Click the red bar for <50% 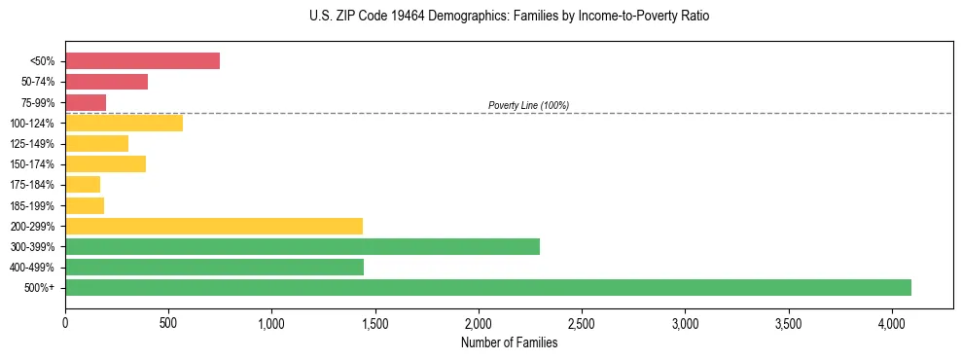(142, 61)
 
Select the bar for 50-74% (106, 82)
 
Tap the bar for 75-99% (86, 102)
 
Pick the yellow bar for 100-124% (124, 123)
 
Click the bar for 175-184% (83, 185)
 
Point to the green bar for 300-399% (303, 246)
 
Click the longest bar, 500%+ (488, 287)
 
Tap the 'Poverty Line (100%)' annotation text (528, 105)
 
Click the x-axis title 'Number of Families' (509, 342)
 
